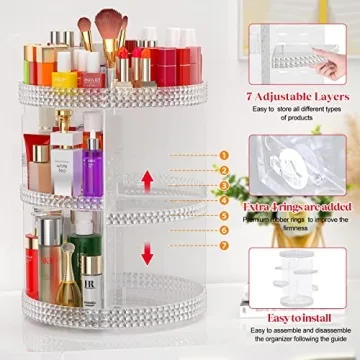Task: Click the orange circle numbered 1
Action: click(x=224, y=155)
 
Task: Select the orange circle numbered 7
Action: click(x=224, y=245)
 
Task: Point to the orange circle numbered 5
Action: click(x=224, y=214)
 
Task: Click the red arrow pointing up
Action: click(x=148, y=180)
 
